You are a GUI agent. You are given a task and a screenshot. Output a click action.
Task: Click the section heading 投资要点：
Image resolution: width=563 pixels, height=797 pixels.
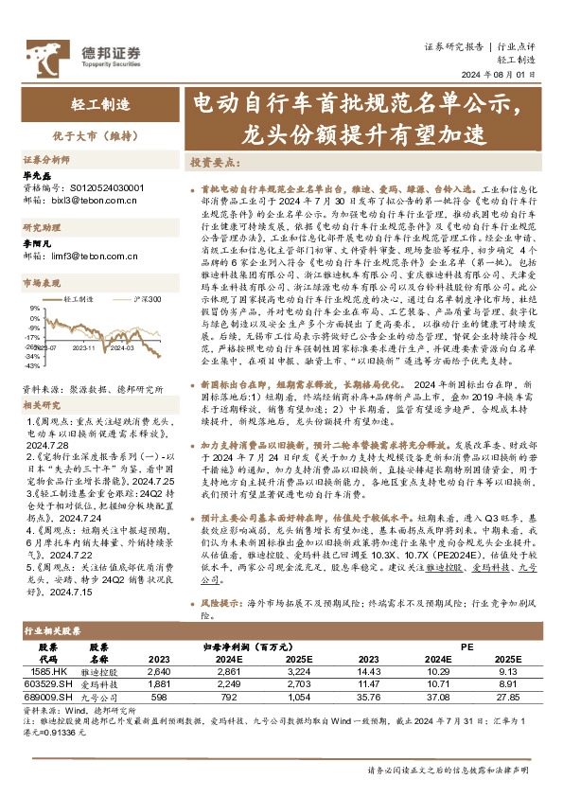click(214, 162)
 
